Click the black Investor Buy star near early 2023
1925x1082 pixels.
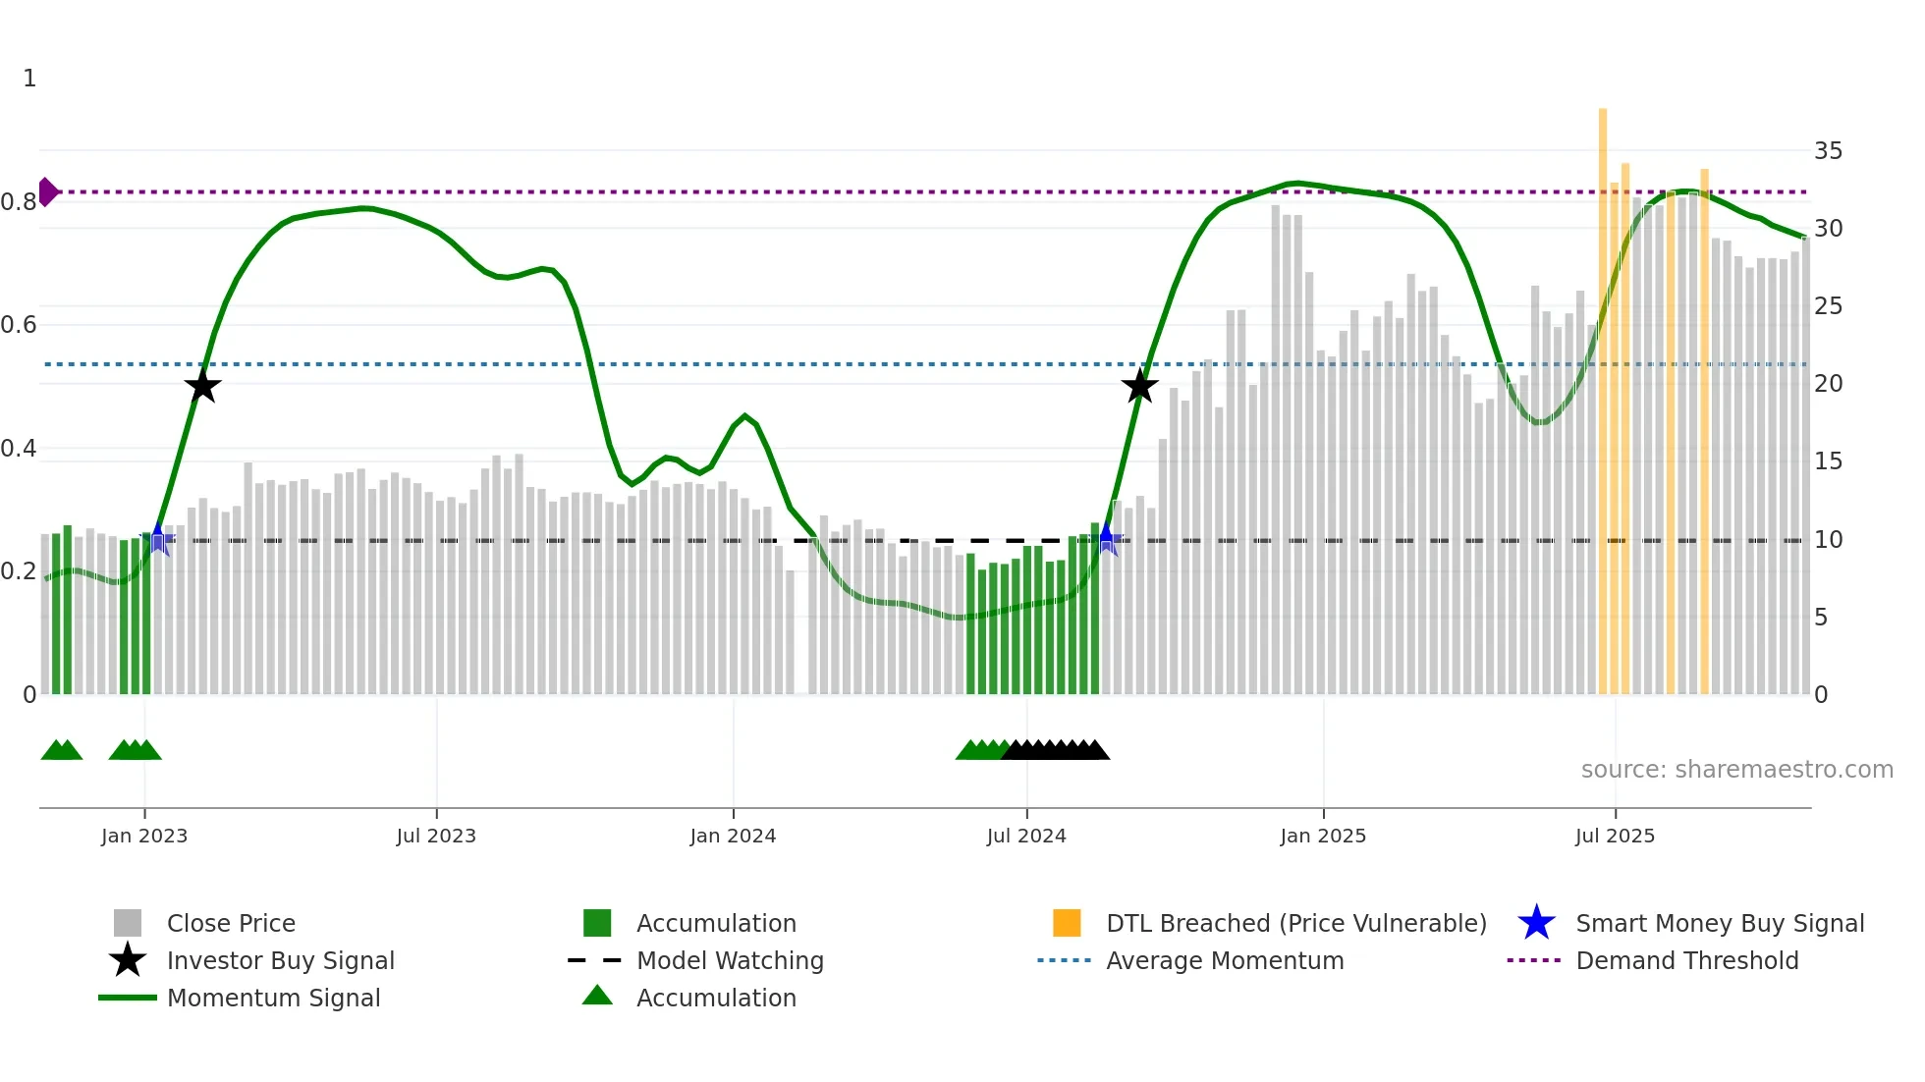(x=202, y=386)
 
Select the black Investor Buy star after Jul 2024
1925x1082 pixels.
(x=1139, y=386)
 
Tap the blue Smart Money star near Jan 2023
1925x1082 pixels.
(x=158, y=538)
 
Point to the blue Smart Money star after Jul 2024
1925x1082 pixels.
(x=1107, y=538)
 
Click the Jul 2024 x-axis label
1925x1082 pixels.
(x=1026, y=836)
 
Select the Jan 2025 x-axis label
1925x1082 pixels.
(x=1323, y=836)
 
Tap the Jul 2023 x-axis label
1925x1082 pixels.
(x=436, y=836)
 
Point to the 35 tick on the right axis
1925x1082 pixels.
(x=1828, y=151)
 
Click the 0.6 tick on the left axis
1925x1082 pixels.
(x=19, y=325)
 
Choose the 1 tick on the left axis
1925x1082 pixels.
(x=29, y=79)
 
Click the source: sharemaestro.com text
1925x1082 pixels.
(x=1736, y=770)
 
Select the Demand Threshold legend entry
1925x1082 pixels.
(x=1686, y=960)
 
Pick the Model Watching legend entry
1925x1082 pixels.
(x=729, y=960)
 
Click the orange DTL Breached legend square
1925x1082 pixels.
(x=1067, y=923)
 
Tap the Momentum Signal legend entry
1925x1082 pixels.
(x=273, y=998)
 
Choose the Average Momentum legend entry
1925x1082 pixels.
(x=1224, y=960)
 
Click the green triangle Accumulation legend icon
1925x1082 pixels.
(x=597, y=996)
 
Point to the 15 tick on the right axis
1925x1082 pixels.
(x=1828, y=461)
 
